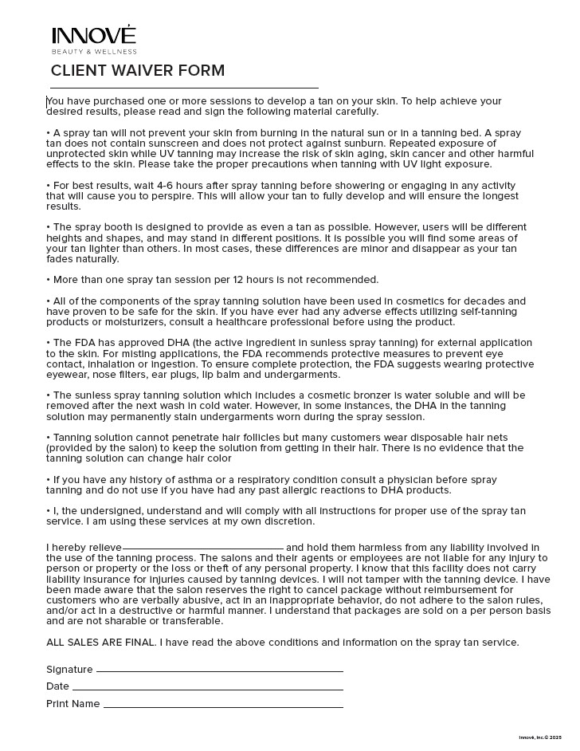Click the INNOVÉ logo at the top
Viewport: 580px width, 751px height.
(93, 36)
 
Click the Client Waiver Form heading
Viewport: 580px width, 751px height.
(138, 71)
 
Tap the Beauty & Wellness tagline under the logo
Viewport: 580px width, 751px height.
(94, 52)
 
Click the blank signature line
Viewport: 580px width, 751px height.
(219, 670)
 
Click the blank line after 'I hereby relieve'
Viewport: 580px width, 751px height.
(203, 549)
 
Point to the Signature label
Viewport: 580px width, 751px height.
(69, 670)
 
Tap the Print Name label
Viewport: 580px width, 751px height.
(73, 704)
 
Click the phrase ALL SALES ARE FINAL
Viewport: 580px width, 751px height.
(100, 643)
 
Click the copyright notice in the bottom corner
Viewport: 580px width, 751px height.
(539, 737)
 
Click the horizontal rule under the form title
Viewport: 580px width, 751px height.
(184, 88)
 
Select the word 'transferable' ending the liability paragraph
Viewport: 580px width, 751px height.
(192, 621)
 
